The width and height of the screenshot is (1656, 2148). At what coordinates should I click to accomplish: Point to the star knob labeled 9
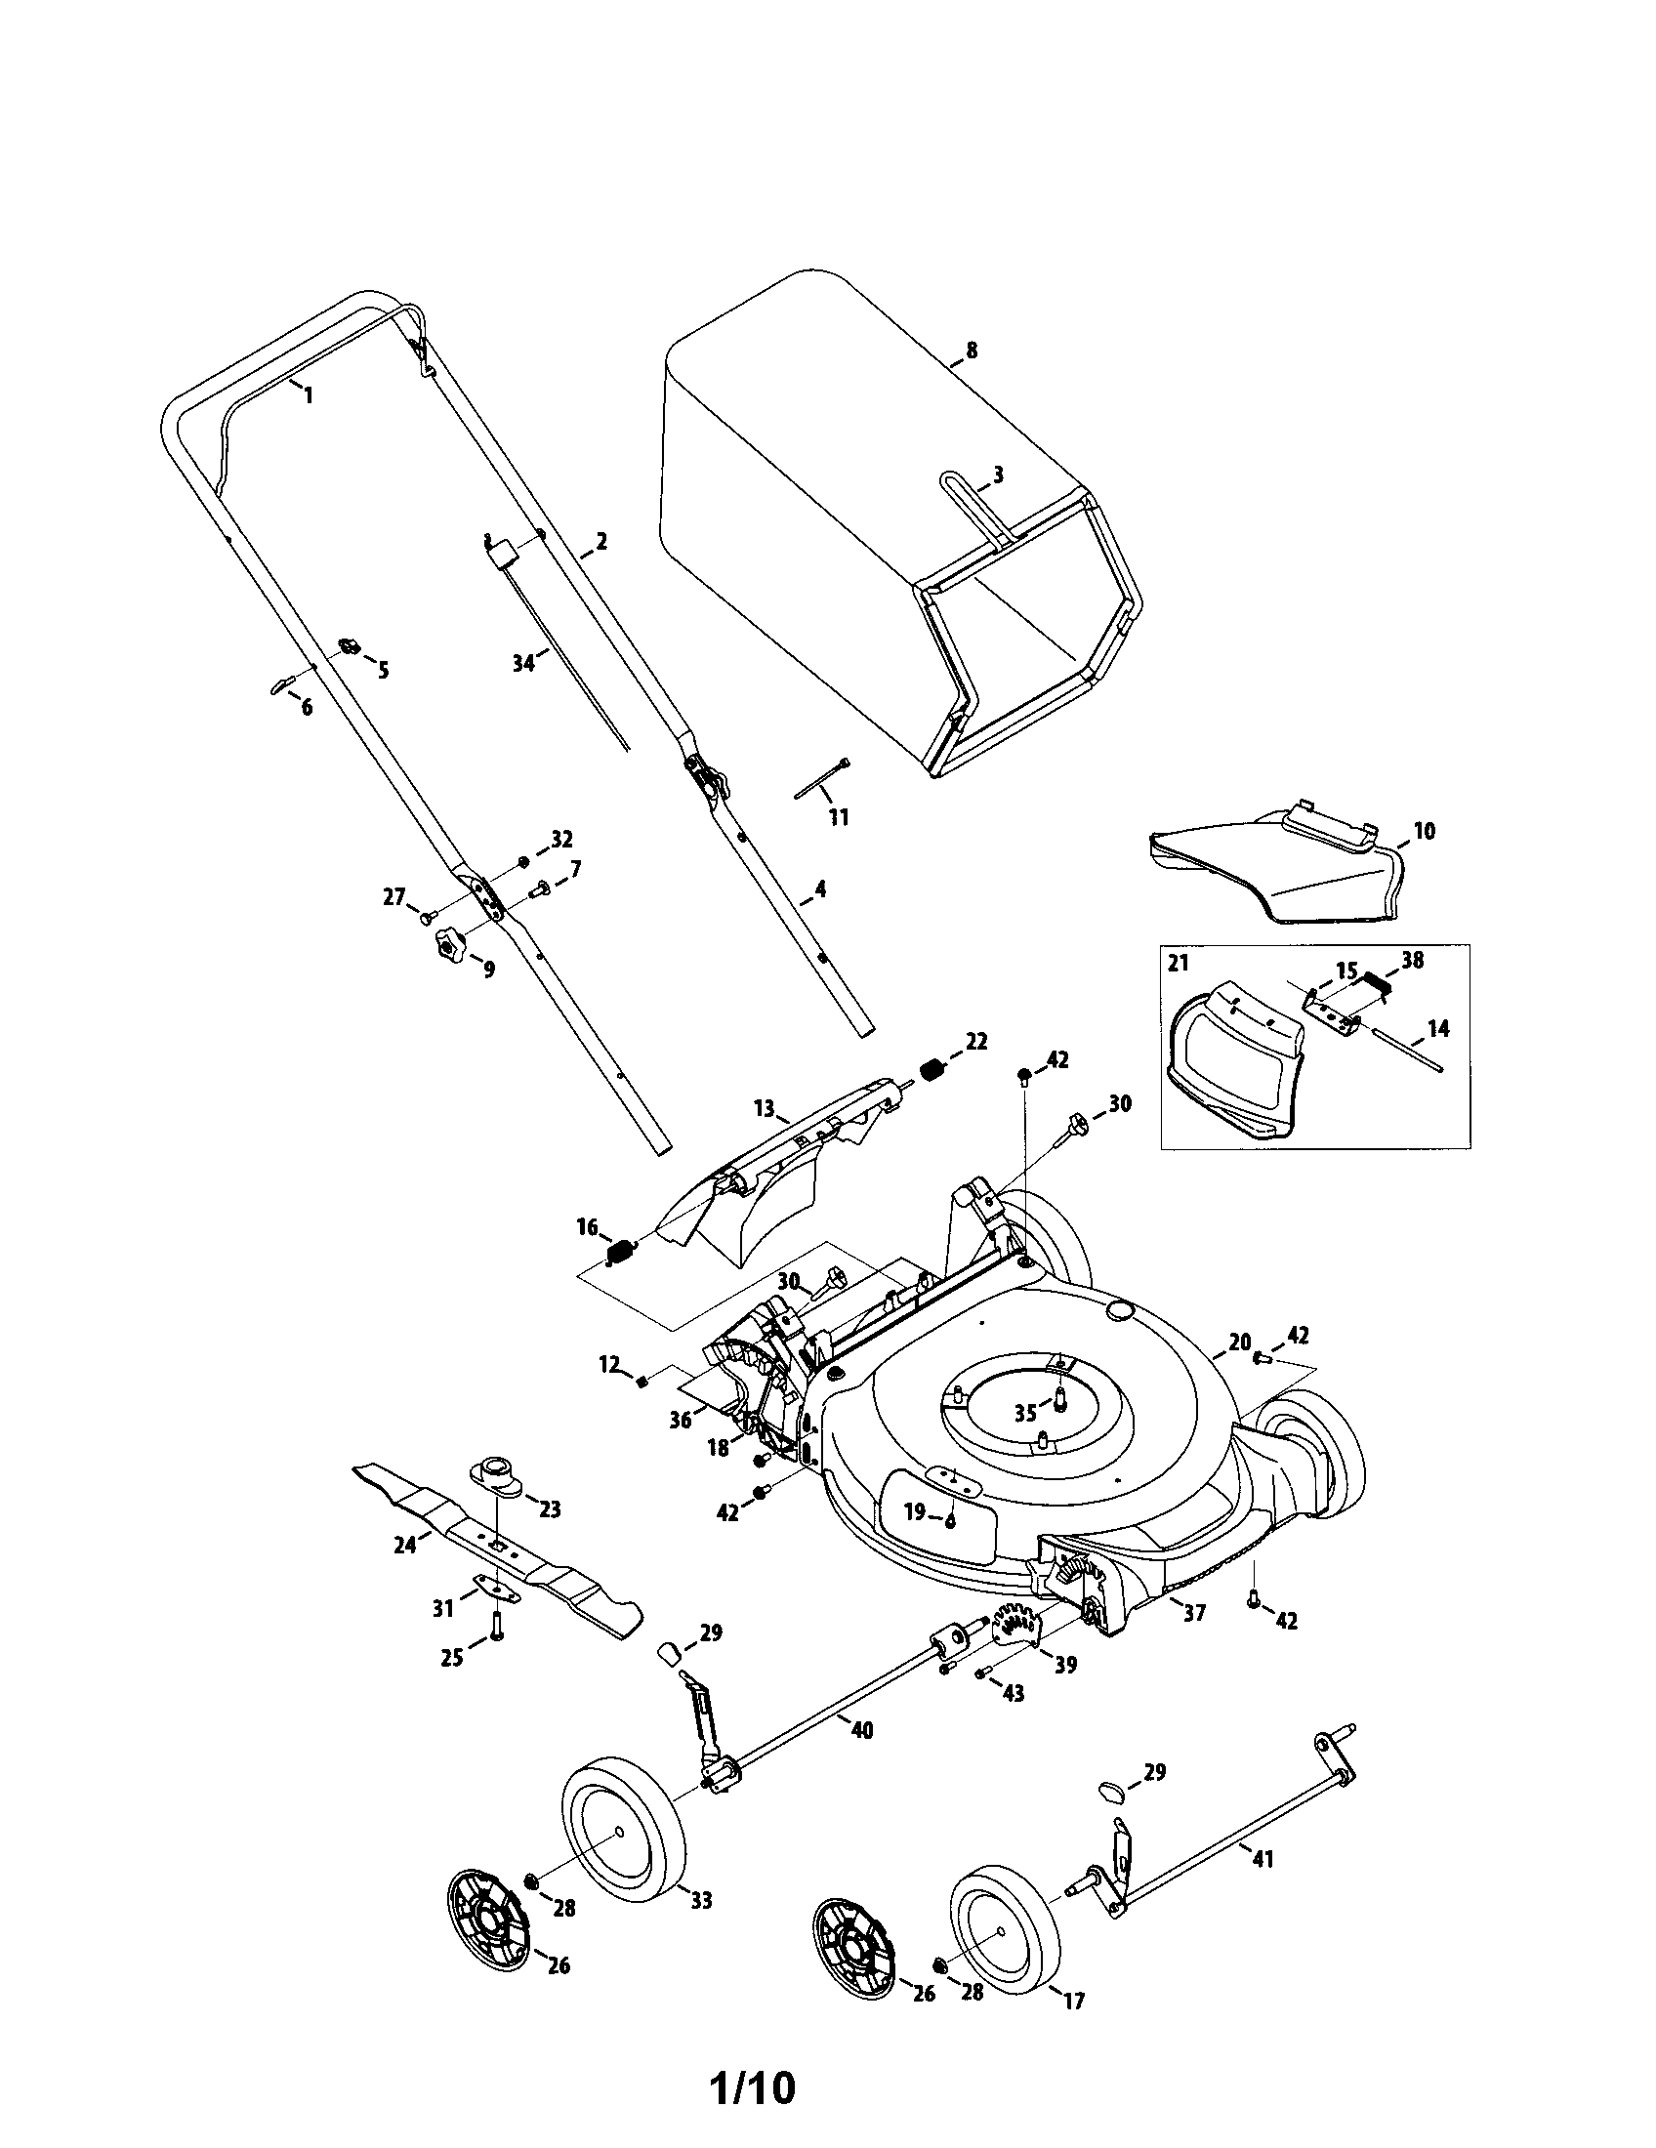pos(447,949)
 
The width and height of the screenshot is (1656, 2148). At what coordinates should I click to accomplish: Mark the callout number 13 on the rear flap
pos(766,1110)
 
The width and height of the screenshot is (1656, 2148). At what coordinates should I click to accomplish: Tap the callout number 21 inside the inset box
pos(1179,965)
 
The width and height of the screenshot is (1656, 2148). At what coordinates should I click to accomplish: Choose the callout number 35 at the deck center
pos(1025,1413)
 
